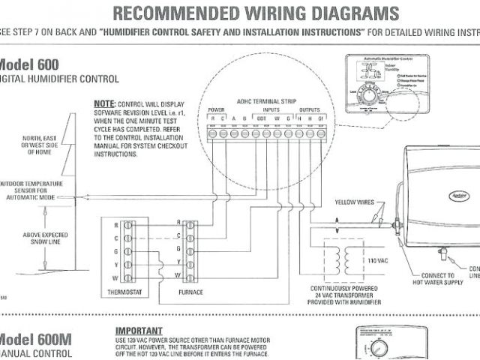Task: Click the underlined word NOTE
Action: pyautogui.click(x=103, y=102)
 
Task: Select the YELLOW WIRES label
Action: pyautogui.click(x=354, y=200)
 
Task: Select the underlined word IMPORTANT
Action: pyautogui.click(x=139, y=330)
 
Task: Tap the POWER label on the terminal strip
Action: pyautogui.click(x=216, y=110)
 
